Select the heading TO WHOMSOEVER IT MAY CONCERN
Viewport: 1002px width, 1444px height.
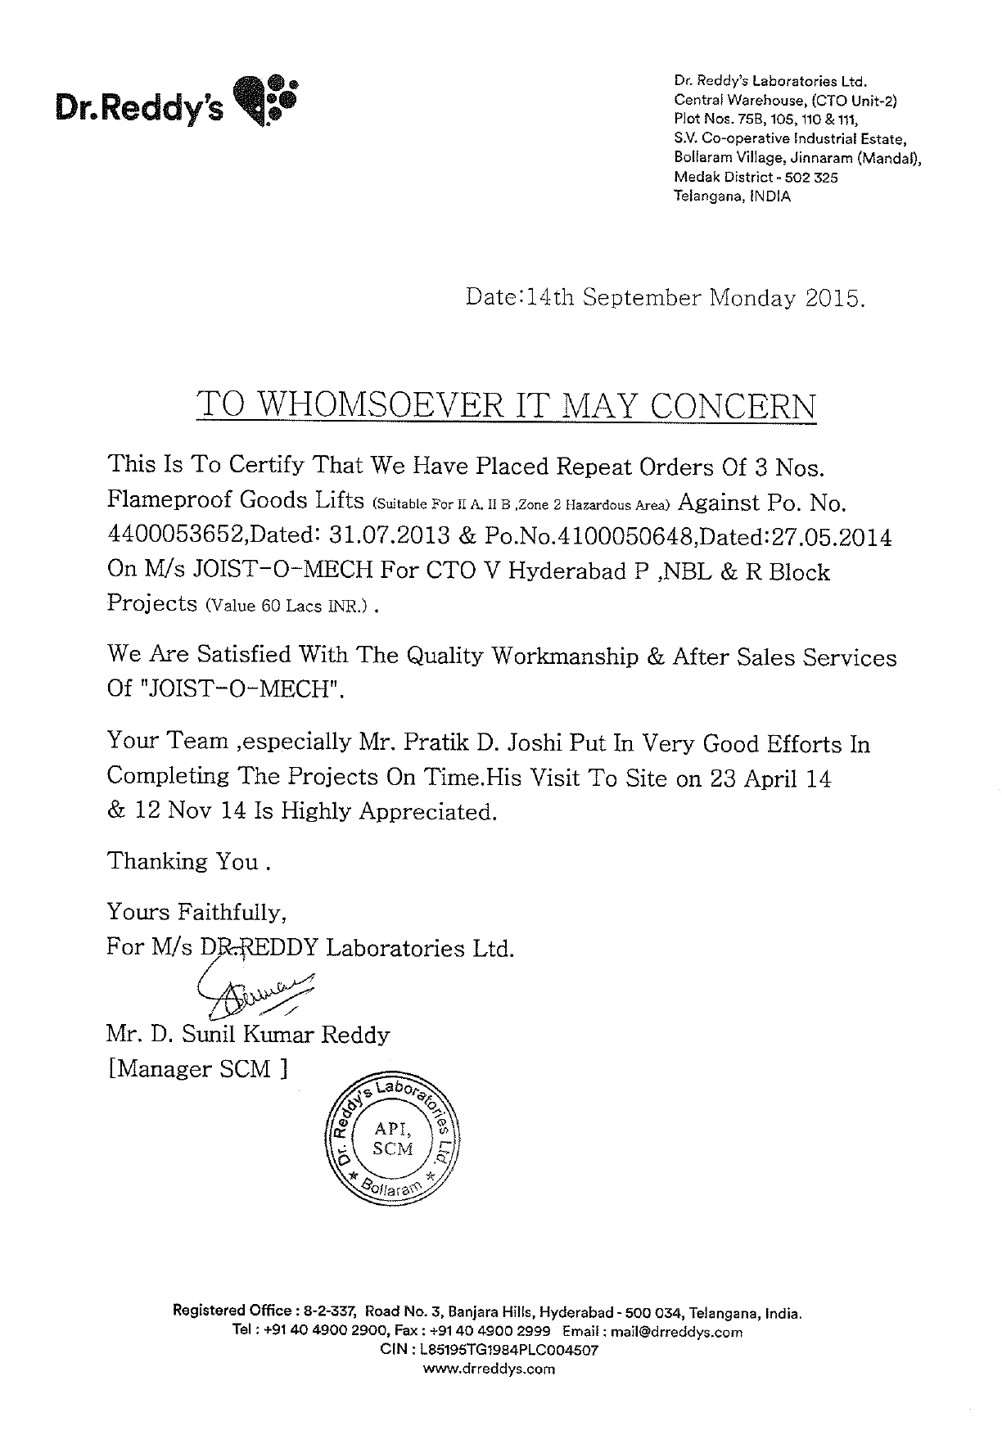[507, 406]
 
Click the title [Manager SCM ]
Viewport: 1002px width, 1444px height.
[197, 1069]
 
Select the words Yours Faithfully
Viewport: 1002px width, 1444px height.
[196, 912]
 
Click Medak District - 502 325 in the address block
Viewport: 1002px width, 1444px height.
[756, 178]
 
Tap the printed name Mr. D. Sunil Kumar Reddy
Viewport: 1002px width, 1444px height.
[249, 1035]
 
